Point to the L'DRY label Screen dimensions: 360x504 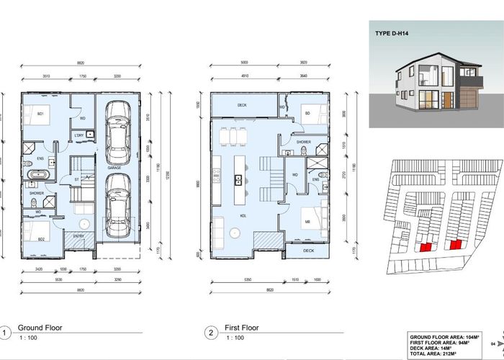pyautogui.click(x=79, y=135)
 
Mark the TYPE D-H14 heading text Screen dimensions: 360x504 pyautogui.click(x=395, y=34)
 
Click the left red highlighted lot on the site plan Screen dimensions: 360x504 pyautogui.click(x=425, y=247)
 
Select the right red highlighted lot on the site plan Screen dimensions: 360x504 pyautogui.click(x=455, y=245)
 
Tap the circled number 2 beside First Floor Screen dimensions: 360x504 pyautogui.click(x=210, y=333)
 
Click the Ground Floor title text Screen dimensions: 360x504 pyautogui.click(x=40, y=328)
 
